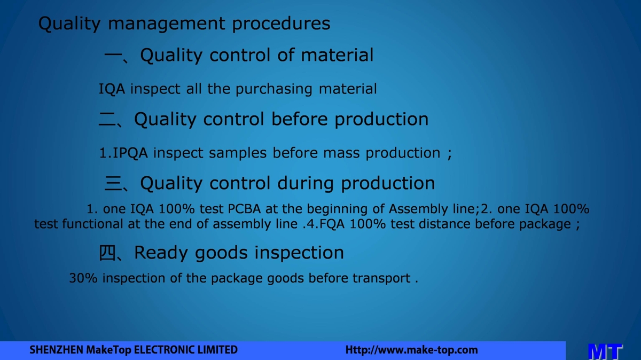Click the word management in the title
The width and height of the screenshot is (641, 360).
(166, 24)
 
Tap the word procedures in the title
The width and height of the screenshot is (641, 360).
(281, 24)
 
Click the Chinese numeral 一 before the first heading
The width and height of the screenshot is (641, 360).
(113, 54)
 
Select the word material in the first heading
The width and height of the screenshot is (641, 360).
(337, 54)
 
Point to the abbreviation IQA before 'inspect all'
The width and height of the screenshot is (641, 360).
(112, 89)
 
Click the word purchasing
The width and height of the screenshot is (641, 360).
(273, 89)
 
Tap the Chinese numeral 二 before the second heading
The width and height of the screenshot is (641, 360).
(107, 119)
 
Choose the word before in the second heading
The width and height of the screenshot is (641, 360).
(299, 119)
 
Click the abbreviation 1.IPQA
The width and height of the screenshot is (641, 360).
(123, 153)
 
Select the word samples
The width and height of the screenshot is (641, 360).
(238, 153)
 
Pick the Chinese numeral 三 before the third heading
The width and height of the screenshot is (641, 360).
(113, 183)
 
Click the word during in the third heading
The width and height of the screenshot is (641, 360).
(306, 183)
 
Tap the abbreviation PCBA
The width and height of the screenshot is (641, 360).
(244, 209)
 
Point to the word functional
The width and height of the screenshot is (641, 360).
(92, 224)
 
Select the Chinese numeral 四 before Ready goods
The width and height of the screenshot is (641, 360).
(107, 253)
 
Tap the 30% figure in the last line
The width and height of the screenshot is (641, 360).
(83, 278)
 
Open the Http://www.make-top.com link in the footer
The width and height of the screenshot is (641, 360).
(411, 350)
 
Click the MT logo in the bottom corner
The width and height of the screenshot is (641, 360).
(605, 351)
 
